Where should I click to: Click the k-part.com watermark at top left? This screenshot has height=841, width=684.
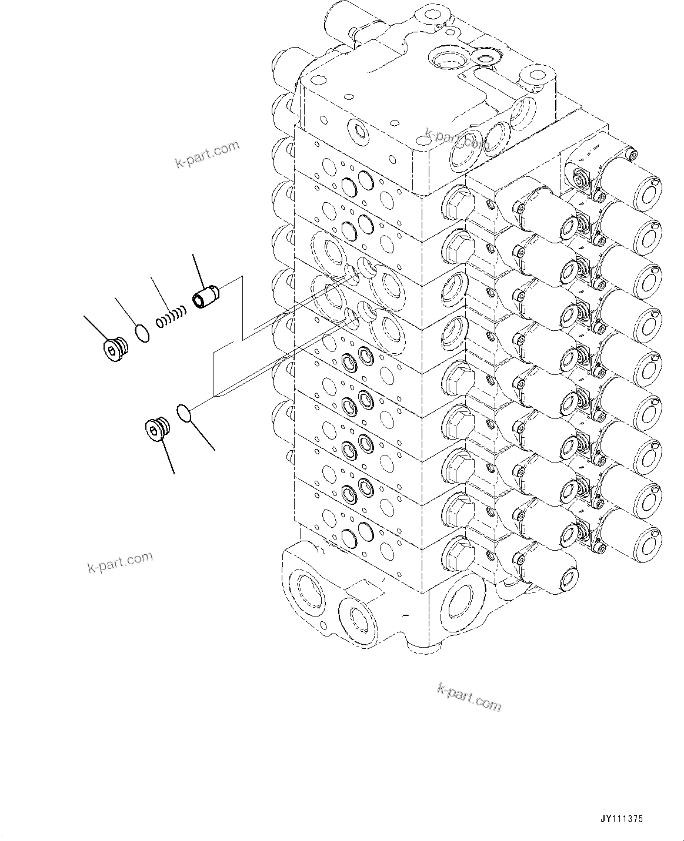[207, 154]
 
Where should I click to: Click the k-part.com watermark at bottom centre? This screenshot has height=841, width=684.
[469, 697]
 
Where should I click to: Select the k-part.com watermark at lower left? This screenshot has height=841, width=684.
[119, 562]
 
